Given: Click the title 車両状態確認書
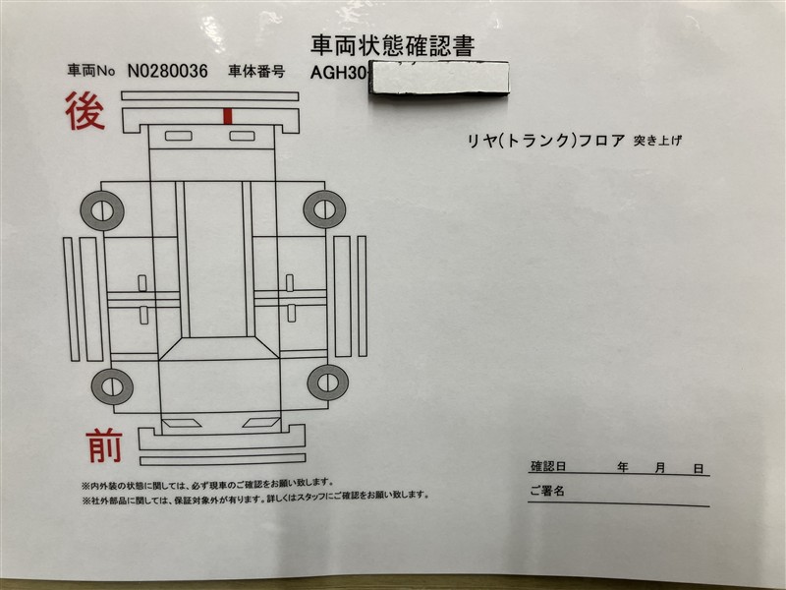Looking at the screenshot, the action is click(392, 45).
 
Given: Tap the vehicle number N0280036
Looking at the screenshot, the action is click(167, 71).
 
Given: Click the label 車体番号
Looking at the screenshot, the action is click(256, 71).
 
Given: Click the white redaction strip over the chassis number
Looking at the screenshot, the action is click(439, 77).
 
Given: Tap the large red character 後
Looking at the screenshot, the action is click(84, 111).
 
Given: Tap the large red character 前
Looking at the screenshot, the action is click(104, 446).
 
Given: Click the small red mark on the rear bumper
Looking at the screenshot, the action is click(228, 116).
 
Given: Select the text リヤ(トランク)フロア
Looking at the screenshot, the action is click(546, 141).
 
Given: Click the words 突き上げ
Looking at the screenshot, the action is click(657, 141).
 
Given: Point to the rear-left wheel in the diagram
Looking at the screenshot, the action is click(102, 210).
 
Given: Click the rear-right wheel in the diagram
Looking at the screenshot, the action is click(325, 209).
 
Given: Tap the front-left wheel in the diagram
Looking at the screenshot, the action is click(112, 386).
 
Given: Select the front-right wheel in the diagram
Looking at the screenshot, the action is click(328, 383).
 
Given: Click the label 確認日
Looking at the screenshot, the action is click(548, 466).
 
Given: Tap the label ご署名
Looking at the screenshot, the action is click(547, 490).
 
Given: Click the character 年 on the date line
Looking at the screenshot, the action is click(623, 468).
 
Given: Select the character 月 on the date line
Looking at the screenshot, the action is click(660, 468).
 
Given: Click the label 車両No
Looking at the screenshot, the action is click(91, 70).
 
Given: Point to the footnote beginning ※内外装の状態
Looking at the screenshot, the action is click(207, 484).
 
